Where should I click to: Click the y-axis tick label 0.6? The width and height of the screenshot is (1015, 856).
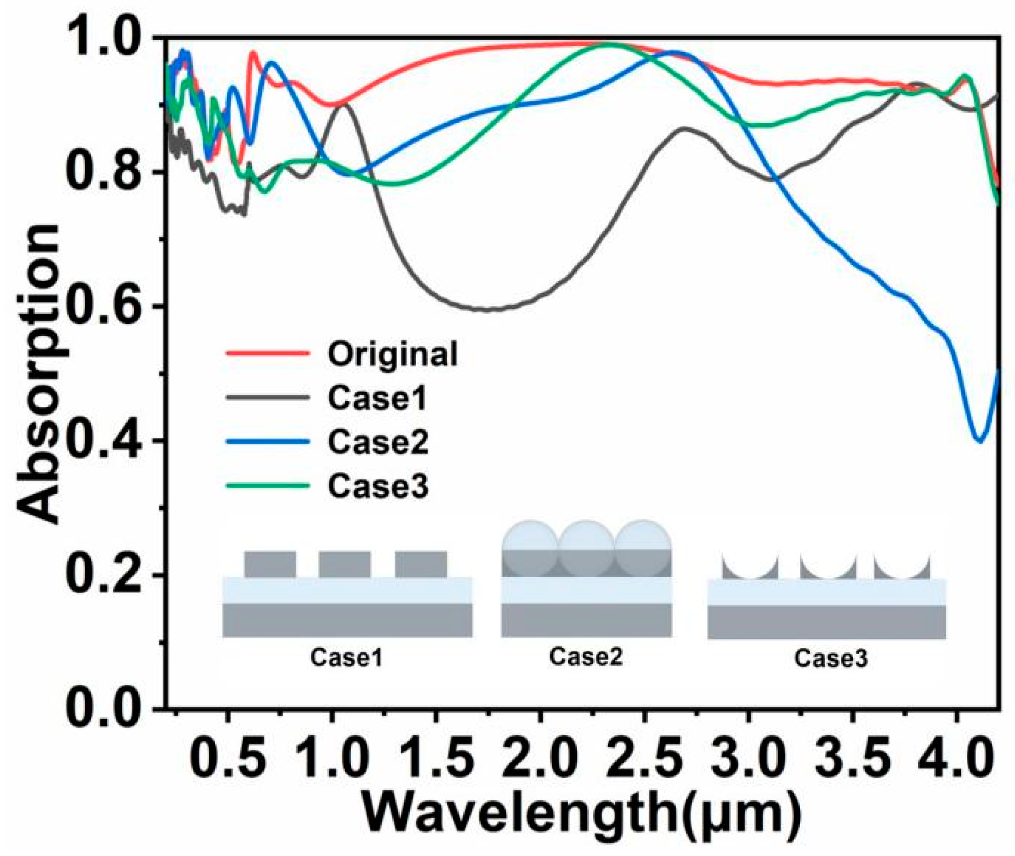(x=103, y=306)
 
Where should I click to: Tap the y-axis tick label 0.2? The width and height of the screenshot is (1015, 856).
(x=103, y=574)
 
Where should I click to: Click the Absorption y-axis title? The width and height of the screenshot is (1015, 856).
(x=38, y=374)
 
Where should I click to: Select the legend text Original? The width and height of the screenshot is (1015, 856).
(x=393, y=354)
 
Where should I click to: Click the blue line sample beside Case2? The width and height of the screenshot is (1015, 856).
(x=267, y=442)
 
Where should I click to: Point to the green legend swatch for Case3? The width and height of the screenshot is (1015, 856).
(x=267, y=485)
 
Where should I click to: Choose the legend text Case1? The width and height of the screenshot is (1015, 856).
(x=378, y=398)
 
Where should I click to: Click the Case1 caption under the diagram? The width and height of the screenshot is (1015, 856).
(x=347, y=658)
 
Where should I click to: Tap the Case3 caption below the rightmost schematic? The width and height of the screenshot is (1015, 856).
(x=831, y=658)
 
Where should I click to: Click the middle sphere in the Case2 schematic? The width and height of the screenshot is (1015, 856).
(x=587, y=548)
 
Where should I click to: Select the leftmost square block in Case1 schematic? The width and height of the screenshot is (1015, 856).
(x=270, y=565)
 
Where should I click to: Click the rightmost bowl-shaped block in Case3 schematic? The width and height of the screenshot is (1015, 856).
(x=902, y=566)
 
